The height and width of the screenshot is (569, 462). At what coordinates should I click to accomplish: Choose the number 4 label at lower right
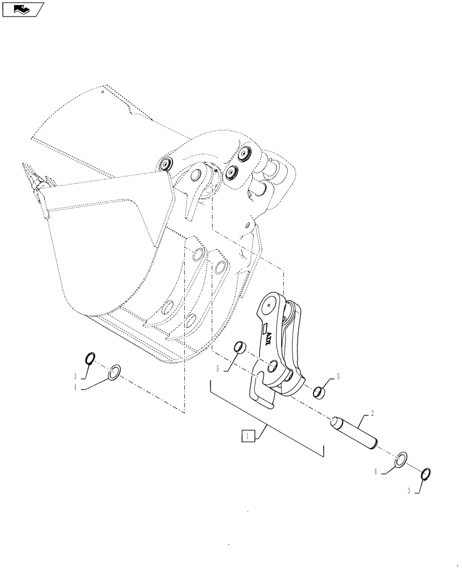point(377,472)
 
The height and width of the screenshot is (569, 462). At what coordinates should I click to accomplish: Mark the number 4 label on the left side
point(75,388)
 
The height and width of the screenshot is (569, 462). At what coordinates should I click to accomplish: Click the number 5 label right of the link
point(338,376)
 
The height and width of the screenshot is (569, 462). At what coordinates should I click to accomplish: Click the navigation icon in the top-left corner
point(23,10)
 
